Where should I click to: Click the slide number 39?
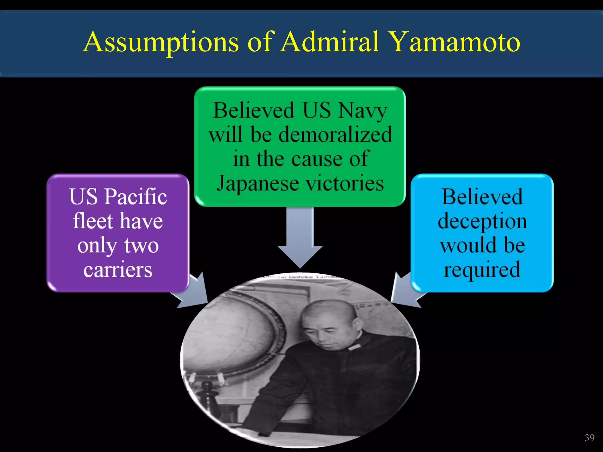(x=589, y=438)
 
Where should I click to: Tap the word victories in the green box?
(x=344, y=183)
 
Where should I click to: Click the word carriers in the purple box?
(x=118, y=270)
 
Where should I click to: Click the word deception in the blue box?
(x=482, y=221)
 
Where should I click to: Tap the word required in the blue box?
(x=482, y=270)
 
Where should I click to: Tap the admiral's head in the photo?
(x=327, y=321)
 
